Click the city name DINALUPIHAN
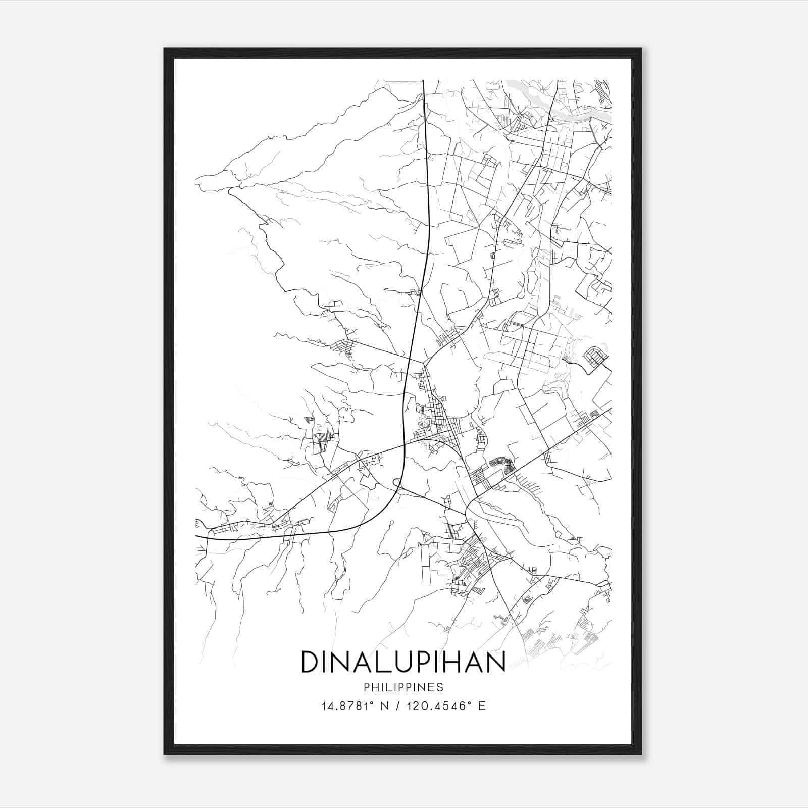click(x=403, y=662)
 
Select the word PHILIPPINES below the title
click(x=403, y=687)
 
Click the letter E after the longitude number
click(x=482, y=706)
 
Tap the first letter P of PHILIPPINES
click(x=366, y=687)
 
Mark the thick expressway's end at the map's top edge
click(x=423, y=81)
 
